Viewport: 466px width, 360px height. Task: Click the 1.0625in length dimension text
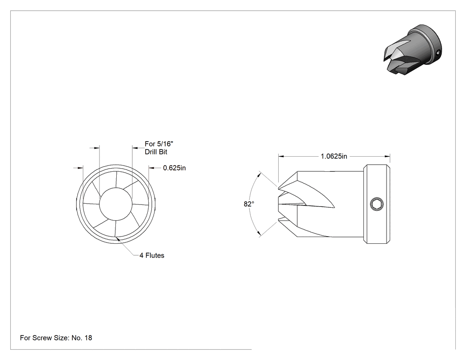334,156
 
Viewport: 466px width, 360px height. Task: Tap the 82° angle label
249,204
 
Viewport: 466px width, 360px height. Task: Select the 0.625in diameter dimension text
174,168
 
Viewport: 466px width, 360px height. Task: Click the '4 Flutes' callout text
152,255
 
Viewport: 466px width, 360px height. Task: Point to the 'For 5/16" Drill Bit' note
159,148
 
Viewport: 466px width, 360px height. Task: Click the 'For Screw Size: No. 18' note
56,338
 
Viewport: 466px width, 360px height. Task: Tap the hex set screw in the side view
377,204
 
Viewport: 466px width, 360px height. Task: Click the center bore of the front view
115,204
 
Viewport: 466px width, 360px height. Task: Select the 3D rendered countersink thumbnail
412,49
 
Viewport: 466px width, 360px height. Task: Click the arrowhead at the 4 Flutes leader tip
118,238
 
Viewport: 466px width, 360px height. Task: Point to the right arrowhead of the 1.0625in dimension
387,156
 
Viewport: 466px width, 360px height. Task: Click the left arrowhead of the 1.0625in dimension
281,156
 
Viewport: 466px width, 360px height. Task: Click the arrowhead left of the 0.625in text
151,168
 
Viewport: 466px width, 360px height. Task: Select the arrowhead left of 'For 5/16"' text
135,147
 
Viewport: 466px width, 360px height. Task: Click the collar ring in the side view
377,204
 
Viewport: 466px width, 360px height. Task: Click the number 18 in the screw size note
88,338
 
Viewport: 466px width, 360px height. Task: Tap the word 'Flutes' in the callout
154,255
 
